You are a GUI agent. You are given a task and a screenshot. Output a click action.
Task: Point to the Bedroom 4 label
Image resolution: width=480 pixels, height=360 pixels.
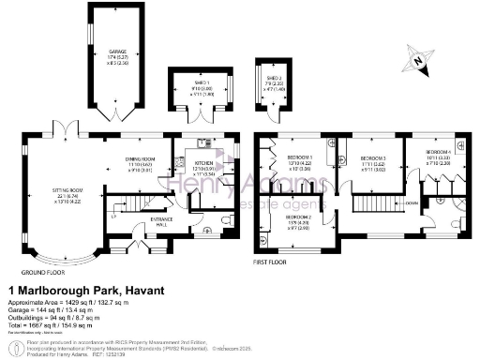click(438, 152)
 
